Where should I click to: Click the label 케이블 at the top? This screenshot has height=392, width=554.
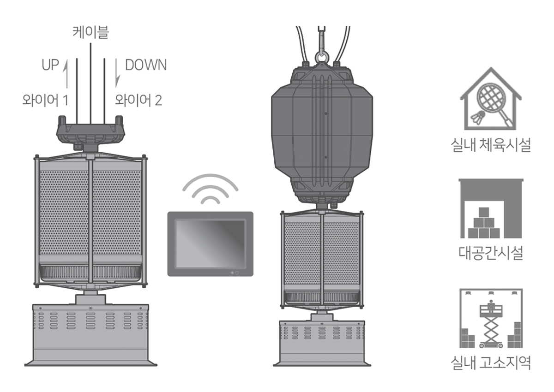coord(91,32)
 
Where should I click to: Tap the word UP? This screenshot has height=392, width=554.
coord(50,65)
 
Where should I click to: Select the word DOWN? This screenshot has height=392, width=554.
coord(146,65)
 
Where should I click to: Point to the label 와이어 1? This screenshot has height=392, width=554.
coord(45,100)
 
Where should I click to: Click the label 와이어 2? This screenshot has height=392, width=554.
coord(138,100)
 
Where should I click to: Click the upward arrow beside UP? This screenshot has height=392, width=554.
coord(66,73)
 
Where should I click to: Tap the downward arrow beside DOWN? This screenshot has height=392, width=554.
coord(117,73)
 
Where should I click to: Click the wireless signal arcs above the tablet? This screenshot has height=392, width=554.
coord(210,189)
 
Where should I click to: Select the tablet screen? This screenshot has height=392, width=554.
coord(210,244)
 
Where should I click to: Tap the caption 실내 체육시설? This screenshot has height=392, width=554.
coord(491,145)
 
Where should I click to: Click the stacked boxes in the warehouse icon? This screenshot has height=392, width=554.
coord(484,223)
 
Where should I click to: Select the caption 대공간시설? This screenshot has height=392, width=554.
coord(491,253)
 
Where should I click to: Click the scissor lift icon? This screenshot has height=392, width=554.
coord(491,324)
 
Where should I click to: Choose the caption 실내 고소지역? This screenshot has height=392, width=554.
coord(491,362)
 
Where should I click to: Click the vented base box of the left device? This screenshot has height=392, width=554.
coord(90,335)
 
